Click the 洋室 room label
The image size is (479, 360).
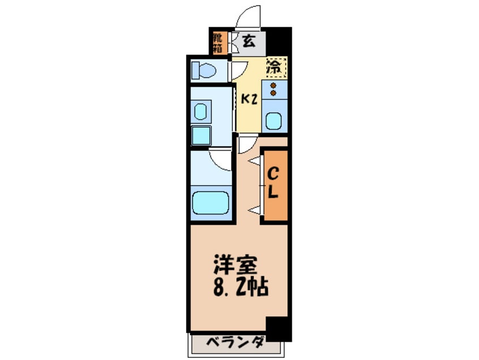(x=237, y=265)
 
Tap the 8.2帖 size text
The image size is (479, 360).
(x=239, y=288)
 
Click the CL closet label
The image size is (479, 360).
(x=273, y=182)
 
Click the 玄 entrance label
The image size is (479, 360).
(x=249, y=41)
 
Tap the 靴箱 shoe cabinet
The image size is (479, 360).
(x=218, y=42)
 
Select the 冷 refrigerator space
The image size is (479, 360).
(x=275, y=67)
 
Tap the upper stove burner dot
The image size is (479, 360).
(x=273, y=86)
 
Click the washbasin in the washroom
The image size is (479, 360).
(x=202, y=111)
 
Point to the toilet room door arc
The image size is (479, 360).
(x=238, y=70)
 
